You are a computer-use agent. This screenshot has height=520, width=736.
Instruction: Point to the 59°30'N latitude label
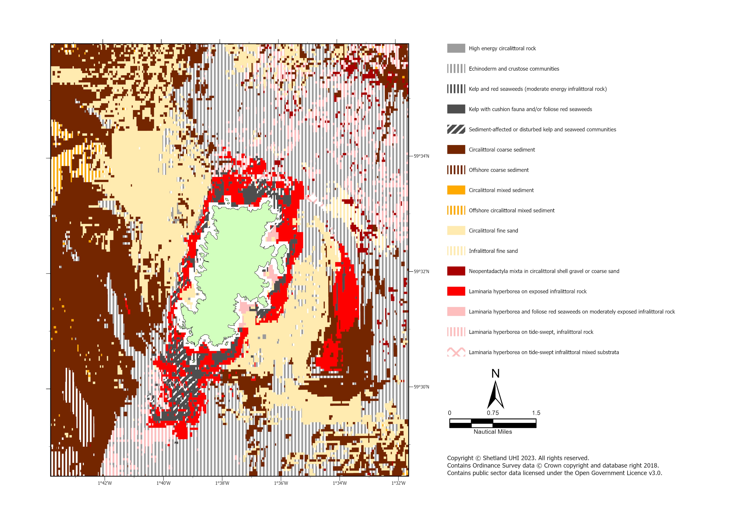[421, 387]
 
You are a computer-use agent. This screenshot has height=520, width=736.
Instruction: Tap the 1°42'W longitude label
[105, 483]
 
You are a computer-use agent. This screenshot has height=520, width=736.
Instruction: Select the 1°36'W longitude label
[281, 483]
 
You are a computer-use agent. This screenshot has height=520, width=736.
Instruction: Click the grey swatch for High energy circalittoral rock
[456, 48]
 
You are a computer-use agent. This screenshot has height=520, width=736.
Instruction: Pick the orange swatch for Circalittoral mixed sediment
[456, 190]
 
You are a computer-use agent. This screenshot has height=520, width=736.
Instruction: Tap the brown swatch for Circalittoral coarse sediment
[456, 150]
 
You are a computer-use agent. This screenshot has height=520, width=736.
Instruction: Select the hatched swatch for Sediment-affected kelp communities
[456, 129]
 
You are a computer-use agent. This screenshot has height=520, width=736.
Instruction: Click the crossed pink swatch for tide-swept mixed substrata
[456, 352]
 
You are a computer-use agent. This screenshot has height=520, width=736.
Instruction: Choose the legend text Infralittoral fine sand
[493, 251]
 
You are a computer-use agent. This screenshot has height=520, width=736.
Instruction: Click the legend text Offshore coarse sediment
[498, 170]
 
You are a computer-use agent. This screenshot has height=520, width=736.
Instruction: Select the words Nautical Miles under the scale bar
[493, 432]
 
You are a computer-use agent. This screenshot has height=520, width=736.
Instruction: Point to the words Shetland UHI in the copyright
[499, 458]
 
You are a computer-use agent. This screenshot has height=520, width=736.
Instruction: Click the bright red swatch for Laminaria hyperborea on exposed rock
[456, 291]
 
